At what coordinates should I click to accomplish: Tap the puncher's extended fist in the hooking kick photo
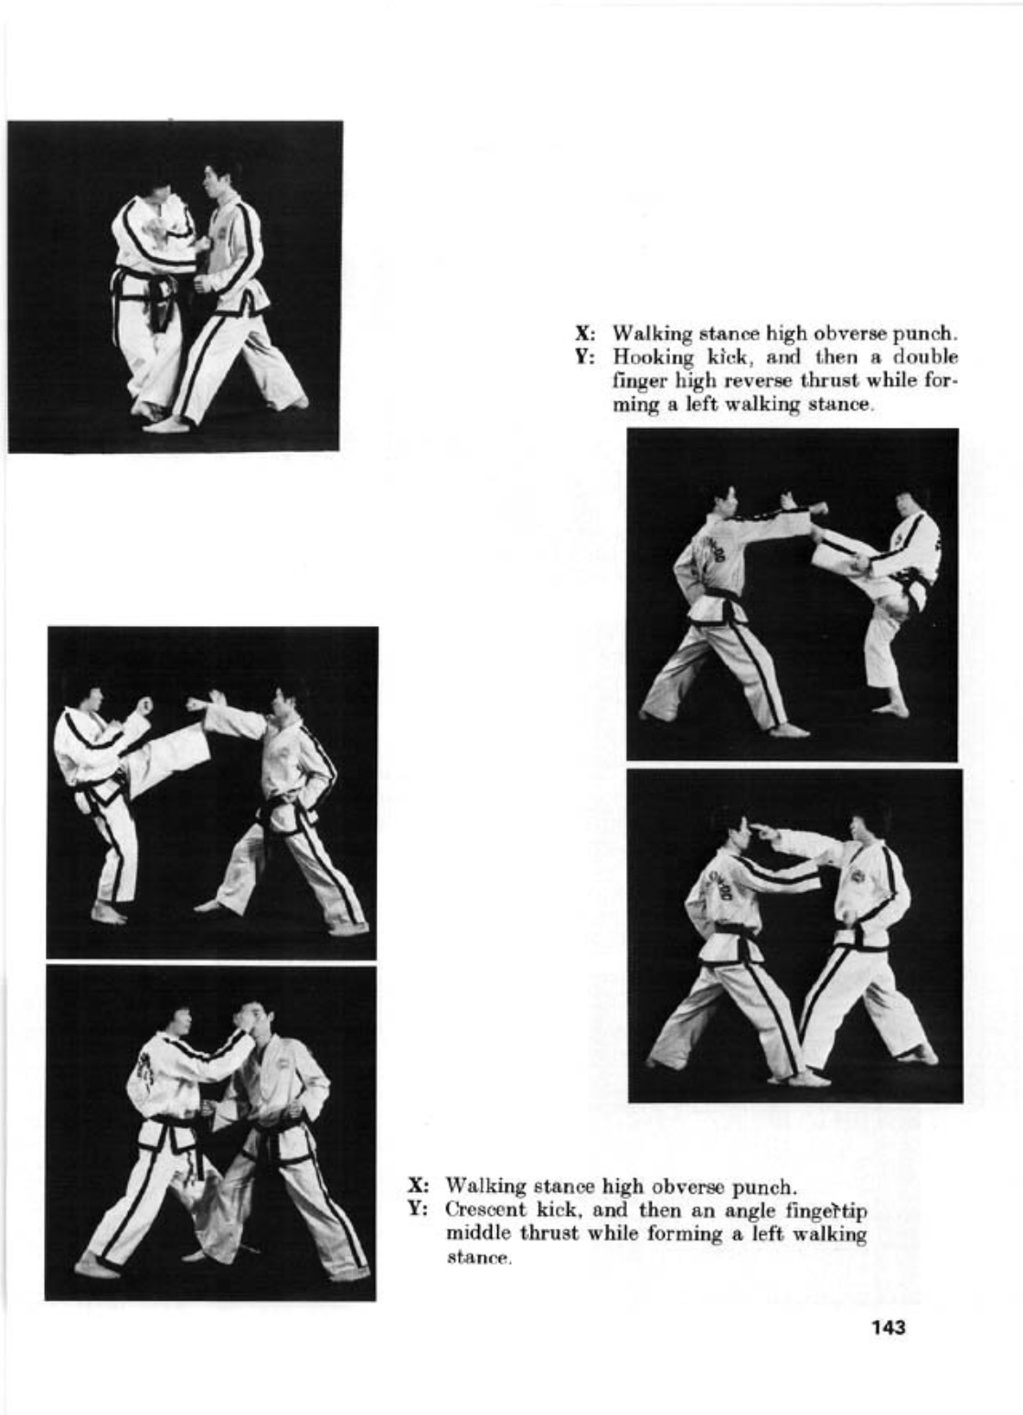(816, 507)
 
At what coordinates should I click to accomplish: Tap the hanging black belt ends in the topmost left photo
(165, 306)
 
